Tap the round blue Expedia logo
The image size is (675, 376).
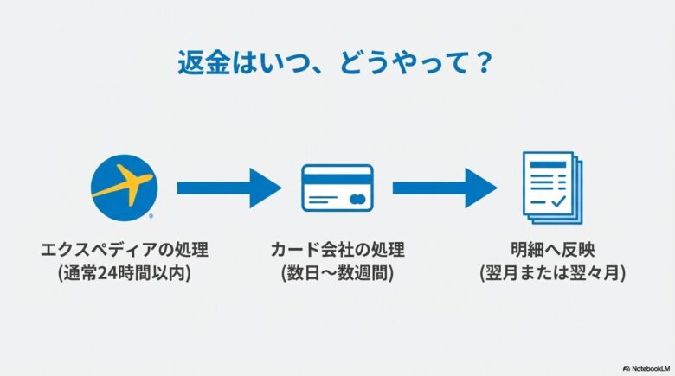point(123,183)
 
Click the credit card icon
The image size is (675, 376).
point(337,188)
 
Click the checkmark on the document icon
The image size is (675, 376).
point(558,201)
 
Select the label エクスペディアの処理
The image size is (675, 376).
point(125,251)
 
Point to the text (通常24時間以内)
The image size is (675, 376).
point(125,272)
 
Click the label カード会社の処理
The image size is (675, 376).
point(337,251)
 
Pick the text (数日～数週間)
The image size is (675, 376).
point(337,272)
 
